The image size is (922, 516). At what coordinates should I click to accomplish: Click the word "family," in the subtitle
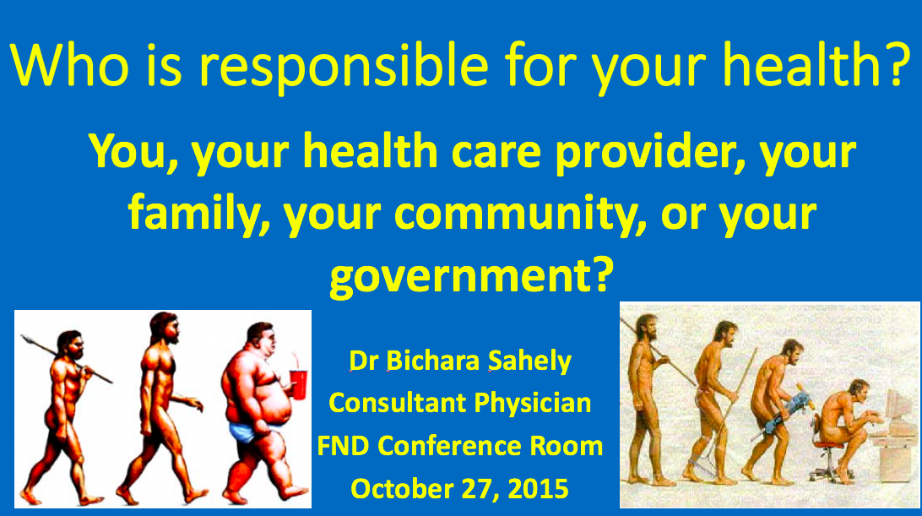[x=198, y=215]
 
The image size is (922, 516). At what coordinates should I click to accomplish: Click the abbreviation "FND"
[x=345, y=445]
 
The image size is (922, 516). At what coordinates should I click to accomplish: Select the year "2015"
[x=540, y=488]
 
